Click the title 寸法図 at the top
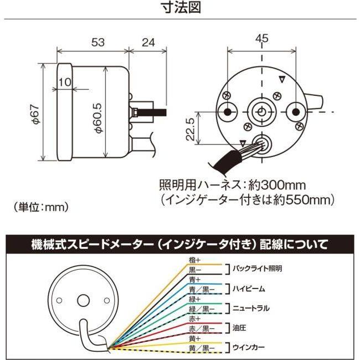click(x=180, y=8)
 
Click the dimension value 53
click(x=97, y=42)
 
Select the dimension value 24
click(x=148, y=42)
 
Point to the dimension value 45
click(x=262, y=38)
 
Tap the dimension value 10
click(x=64, y=81)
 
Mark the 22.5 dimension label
click(x=190, y=129)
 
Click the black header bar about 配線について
click(x=180, y=244)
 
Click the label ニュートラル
click(x=250, y=308)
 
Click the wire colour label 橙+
click(x=194, y=259)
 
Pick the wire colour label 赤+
click(x=194, y=318)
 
